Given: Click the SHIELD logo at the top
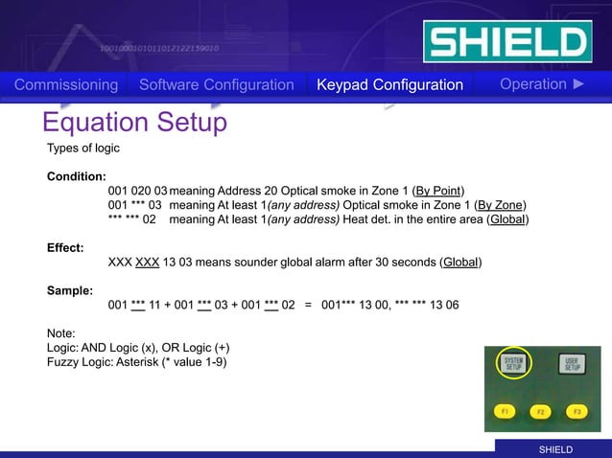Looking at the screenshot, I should (x=506, y=41).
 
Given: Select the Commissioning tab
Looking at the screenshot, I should (x=66, y=85).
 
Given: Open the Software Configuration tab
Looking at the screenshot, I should (x=216, y=85).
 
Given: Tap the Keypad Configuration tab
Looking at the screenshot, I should (x=389, y=85).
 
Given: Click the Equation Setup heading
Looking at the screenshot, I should (x=134, y=123).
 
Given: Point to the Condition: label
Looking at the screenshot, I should (x=76, y=176).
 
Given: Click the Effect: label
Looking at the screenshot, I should (x=65, y=247).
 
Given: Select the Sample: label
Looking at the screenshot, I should (x=70, y=289).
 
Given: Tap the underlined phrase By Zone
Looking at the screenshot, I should (x=502, y=205).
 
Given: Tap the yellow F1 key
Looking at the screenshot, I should (x=504, y=411).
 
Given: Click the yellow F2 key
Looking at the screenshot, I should (x=541, y=412).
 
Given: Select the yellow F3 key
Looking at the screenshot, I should (x=576, y=411).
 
